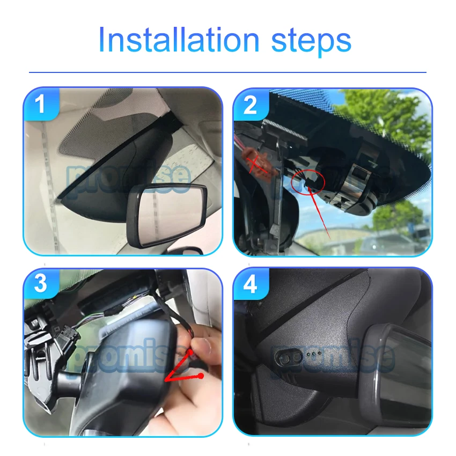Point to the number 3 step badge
[x=41, y=284]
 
